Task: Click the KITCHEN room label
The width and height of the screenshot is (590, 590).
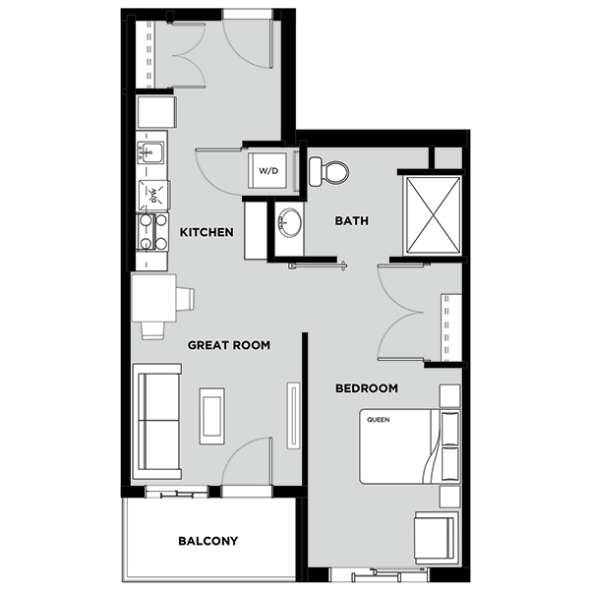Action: [206, 232]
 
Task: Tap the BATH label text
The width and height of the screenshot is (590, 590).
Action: [351, 220]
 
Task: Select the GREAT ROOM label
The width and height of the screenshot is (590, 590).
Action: [229, 345]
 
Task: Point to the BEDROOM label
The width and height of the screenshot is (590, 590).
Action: [367, 388]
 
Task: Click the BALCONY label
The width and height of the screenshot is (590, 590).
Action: [208, 541]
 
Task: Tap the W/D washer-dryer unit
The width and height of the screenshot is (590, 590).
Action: [267, 170]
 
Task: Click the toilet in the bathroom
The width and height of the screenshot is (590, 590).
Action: [328, 172]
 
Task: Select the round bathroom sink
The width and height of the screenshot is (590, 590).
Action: [290, 223]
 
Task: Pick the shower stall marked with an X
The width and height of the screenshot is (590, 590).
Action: [433, 215]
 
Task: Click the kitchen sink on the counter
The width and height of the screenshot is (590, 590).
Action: [150, 152]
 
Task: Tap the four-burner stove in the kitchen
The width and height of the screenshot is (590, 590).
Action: [152, 232]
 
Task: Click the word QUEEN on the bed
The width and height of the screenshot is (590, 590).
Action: [379, 420]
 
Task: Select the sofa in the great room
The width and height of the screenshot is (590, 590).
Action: [156, 422]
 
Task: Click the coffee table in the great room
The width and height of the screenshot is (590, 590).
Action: [212, 416]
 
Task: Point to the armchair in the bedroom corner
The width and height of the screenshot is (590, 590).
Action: [436, 538]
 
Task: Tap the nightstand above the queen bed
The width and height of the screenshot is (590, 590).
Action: [450, 396]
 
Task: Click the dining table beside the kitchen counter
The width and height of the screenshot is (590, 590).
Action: [154, 298]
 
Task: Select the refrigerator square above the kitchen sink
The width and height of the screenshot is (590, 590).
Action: [156, 112]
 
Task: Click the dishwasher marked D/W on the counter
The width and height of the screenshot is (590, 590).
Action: [154, 195]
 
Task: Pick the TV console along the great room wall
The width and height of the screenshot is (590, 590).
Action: [293, 416]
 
